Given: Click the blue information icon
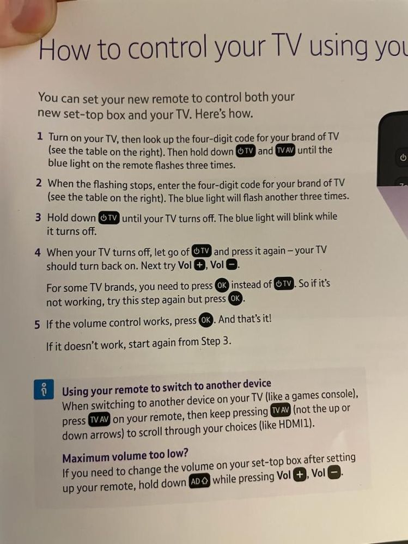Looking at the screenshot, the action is tap(44, 389).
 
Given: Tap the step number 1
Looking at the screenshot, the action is tap(40, 136).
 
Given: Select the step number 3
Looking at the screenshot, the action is tap(38, 217).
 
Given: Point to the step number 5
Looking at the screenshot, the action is tap(38, 325).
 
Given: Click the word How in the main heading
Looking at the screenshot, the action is tap(64, 49).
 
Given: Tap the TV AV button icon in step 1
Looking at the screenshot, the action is tap(285, 151).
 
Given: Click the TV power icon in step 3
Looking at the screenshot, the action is tap(109, 218).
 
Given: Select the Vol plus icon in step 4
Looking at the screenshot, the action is tap(199, 265).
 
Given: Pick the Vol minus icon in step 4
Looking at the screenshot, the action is tap(232, 265).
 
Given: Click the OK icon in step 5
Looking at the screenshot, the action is tap(205, 320).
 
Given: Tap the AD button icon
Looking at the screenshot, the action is tap(199, 481).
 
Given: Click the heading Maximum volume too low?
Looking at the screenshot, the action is tap(125, 456).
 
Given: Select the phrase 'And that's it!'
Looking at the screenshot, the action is tap(245, 319).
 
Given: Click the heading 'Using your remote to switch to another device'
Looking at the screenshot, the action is tap(167, 387).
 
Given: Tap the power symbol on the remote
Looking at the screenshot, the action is tap(403, 157).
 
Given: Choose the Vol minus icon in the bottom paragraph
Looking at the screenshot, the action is tap(334, 473).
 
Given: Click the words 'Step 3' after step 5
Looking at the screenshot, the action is tap(216, 342).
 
